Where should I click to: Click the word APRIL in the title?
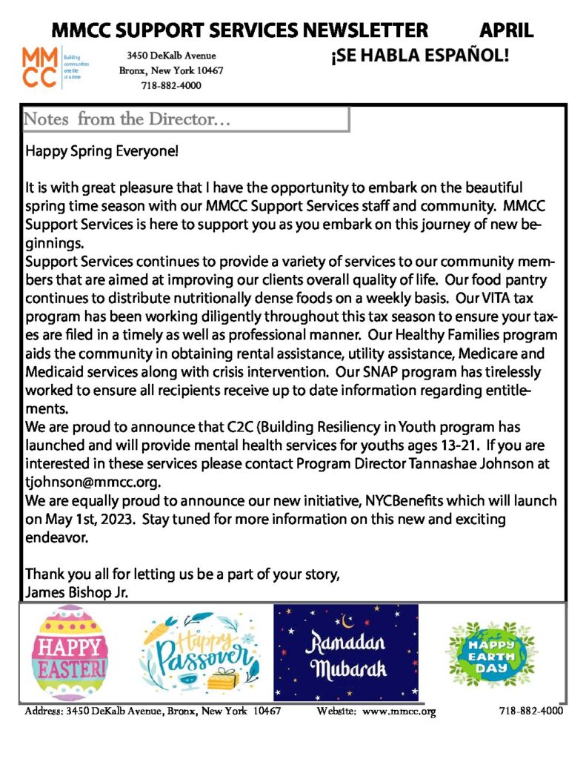click(x=506, y=30)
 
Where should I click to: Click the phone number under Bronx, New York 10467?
click(x=171, y=85)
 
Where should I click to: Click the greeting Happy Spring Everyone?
click(x=102, y=152)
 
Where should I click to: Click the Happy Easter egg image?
click(x=68, y=652)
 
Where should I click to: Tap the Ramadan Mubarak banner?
click(x=346, y=652)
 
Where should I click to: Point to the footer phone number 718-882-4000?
click(x=530, y=711)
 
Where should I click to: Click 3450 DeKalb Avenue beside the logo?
click(x=171, y=56)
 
